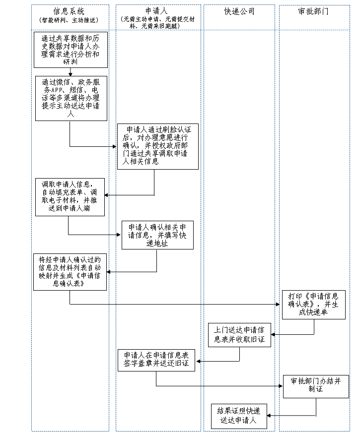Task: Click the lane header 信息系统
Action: tap(69, 11)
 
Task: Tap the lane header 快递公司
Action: tap(239, 11)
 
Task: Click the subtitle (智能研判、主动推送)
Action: tap(69, 20)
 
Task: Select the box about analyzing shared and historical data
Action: tap(71, 50)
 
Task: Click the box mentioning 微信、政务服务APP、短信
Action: tap(71, 98)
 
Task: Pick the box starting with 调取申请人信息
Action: tap(70, 196)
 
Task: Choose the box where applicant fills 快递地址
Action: tap(157, 235)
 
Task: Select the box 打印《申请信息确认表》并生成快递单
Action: tap(314, 304)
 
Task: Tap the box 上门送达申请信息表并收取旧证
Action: tap(239, 334)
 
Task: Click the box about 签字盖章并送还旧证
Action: tap(156, 360)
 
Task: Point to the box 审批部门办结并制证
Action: tap(316, 386)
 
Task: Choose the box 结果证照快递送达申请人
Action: tap(239, 416)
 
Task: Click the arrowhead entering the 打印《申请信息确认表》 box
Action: tap(279, 304)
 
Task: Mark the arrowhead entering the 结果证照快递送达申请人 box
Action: tap(270, 416)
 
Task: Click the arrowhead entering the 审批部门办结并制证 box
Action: tap(280, 386)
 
